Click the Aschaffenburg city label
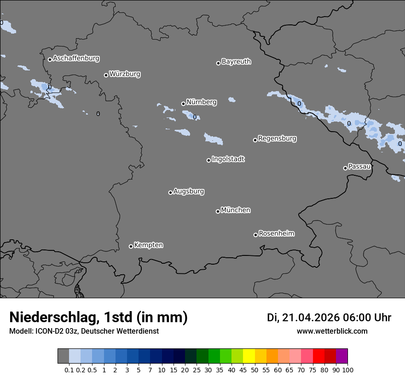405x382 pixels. pos(76,58)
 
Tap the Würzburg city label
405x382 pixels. pos(125,74)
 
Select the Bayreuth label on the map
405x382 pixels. pos(236,62)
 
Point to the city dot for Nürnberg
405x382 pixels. pos(183,104)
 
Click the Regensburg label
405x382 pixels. pos(277,139)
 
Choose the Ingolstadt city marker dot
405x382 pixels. pos(208,160)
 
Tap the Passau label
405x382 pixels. pos(359,167)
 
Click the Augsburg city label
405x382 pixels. pos(189,191)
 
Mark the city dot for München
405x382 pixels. pos(218,211)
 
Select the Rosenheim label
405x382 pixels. pos(276,234)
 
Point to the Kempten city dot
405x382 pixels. pos(131,246)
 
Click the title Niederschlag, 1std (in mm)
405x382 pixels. pos(98,318)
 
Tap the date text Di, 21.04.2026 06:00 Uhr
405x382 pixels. pos(329,318)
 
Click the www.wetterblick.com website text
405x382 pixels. pos(332,331)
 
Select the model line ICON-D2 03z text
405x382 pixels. pos(84,331)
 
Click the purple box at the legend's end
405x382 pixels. pos(341,356)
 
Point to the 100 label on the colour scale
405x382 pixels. pos(347,370)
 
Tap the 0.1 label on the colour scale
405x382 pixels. pos(69,370)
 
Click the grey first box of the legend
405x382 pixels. pos(63,356)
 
